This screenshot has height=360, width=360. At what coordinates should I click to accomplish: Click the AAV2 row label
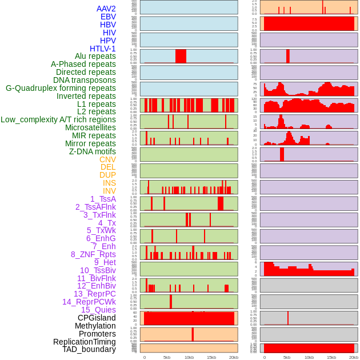106,9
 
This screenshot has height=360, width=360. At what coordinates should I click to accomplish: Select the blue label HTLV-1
103,49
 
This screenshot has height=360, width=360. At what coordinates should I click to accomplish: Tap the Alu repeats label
95,57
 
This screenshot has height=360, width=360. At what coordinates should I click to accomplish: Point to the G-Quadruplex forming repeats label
61,88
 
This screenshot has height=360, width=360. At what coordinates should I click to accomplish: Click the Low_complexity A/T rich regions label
58,119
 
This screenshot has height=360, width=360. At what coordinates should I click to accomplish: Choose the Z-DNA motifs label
93,151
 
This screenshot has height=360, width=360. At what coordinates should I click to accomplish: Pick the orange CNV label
107,159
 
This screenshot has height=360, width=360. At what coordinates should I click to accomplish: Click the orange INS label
109,183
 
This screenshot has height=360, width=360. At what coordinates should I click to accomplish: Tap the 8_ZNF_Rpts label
93,254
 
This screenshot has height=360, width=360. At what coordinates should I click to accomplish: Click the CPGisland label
97,318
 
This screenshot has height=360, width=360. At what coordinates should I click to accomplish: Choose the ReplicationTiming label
85,342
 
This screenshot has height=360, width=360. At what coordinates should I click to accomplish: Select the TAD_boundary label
89,349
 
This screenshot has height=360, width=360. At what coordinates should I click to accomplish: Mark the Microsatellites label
90,127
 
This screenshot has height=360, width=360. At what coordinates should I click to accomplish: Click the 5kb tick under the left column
167,357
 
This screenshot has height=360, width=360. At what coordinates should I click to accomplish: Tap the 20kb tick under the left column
234,357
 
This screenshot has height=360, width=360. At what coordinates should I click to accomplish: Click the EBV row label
108,17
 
